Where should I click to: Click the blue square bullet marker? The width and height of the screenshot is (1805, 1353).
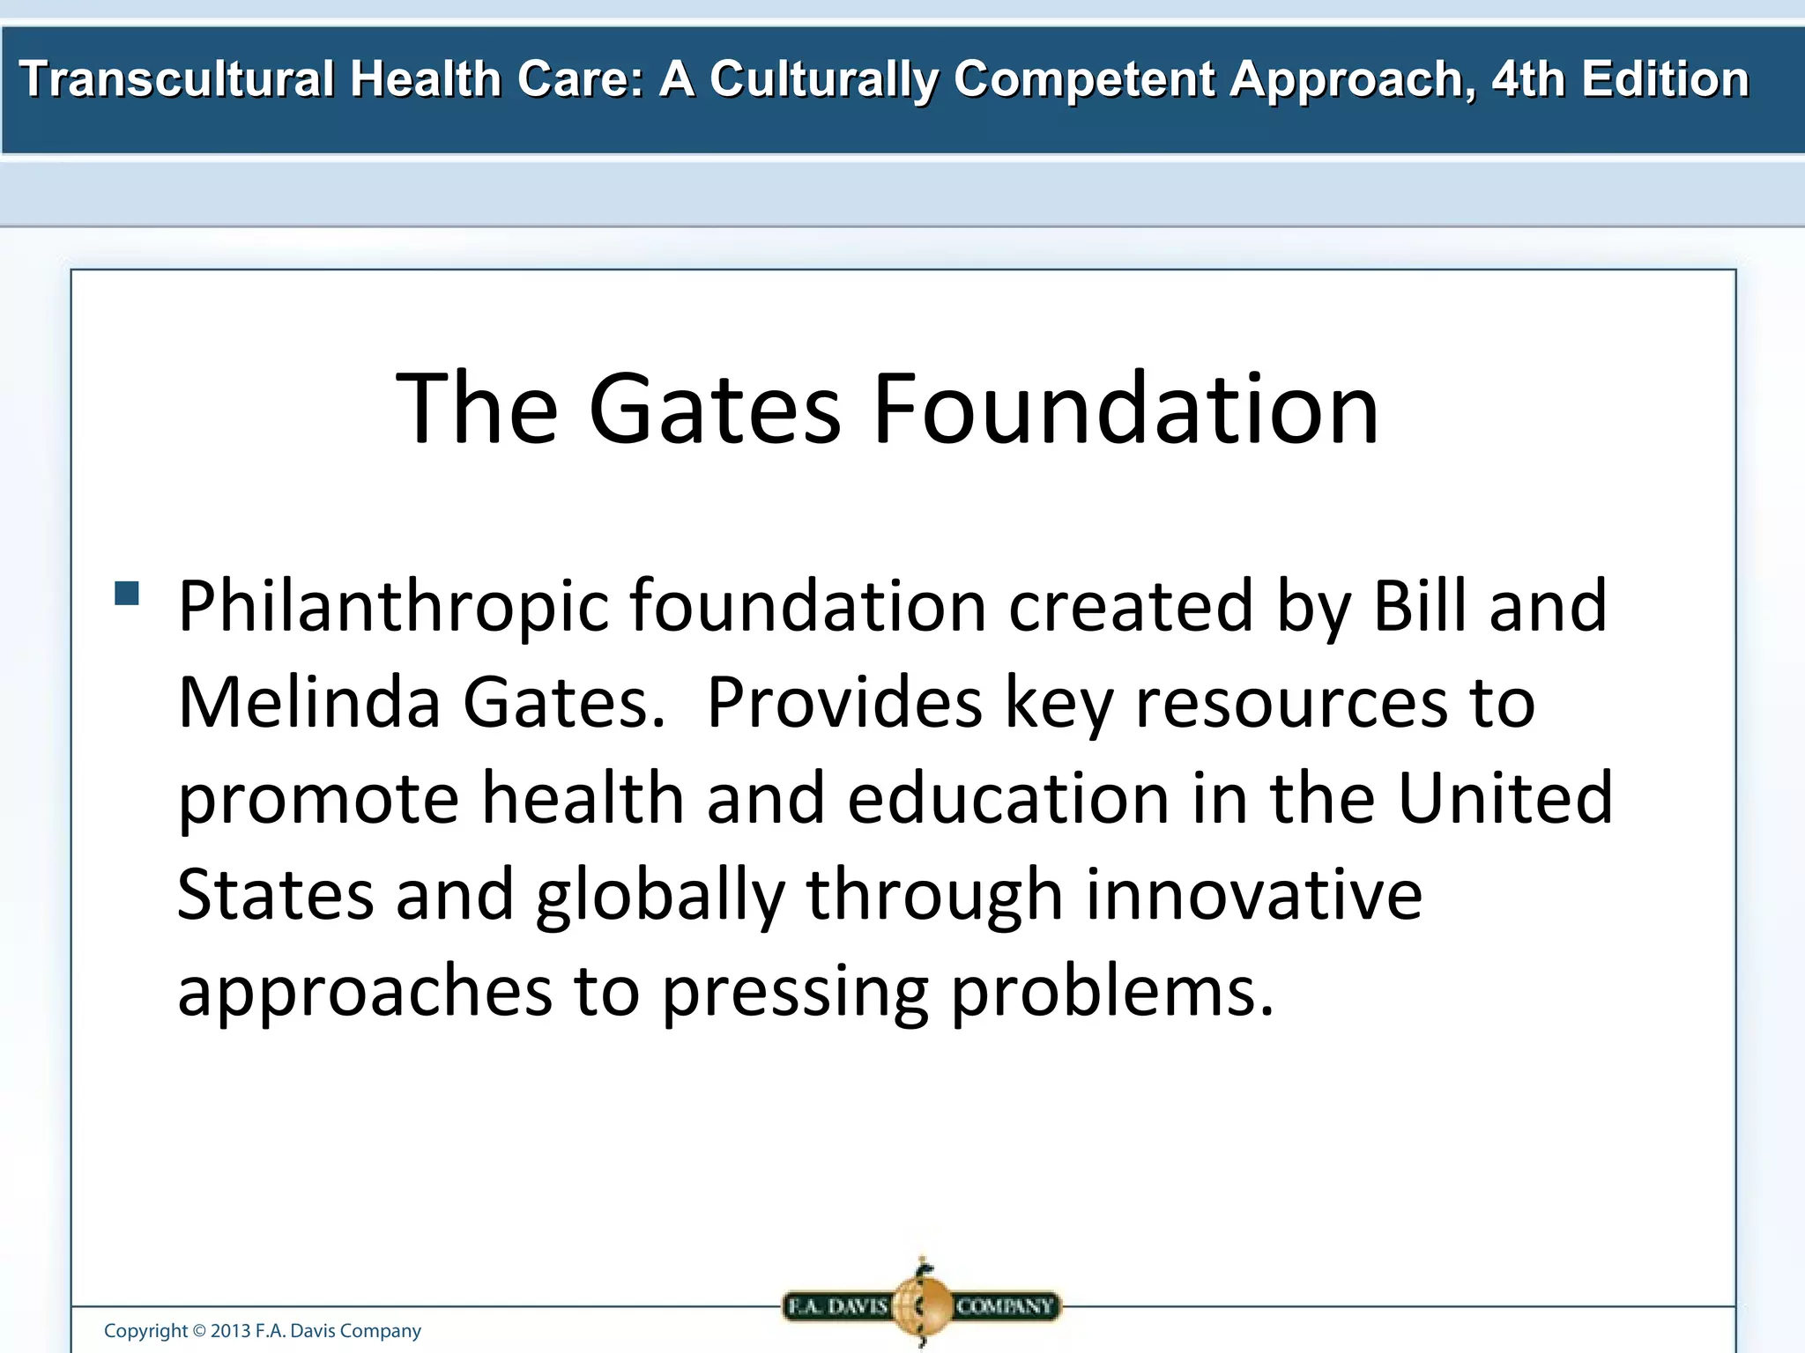point(127,593)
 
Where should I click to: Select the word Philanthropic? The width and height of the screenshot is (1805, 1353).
point(393,608)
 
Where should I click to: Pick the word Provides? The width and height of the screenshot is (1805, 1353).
point(843,703)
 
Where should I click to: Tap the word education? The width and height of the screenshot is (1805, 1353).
point(1008,798)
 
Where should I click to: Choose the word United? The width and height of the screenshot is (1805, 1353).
point(1505,798)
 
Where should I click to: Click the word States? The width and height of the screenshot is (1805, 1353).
point(275,895)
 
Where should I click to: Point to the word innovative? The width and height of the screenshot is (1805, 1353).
point(1253,895)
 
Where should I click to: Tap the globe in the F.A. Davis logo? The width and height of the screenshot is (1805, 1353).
point(920,1305)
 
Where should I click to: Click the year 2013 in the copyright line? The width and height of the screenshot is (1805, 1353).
point(230,1331)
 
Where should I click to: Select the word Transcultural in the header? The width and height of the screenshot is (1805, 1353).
point(176,79)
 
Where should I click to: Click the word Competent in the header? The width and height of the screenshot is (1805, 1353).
point(1086,79)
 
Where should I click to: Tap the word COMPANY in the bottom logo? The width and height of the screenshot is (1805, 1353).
point(1005,1305)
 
